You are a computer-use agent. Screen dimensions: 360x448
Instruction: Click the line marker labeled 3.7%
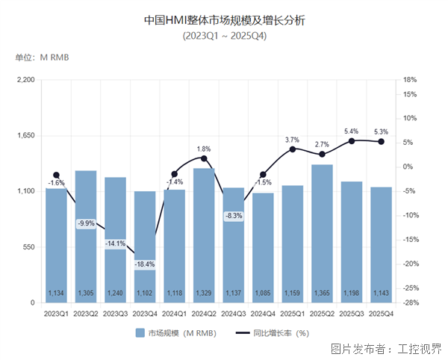(293, 149)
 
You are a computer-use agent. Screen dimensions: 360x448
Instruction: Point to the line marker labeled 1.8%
(204, 158)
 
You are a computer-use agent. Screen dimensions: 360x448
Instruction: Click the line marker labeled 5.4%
(352, 140)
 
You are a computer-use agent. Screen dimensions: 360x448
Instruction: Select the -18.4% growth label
(145, 264)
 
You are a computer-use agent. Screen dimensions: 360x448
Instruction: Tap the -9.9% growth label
(86, 223)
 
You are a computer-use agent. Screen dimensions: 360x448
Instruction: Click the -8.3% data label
(234, 216)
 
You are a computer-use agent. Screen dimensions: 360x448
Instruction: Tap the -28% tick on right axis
(409, 303)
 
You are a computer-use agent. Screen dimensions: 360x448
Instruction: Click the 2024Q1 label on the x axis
(175, 314)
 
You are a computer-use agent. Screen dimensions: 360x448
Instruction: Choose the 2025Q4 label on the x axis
(381, 314)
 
